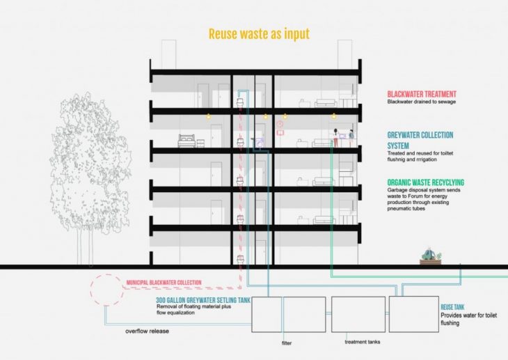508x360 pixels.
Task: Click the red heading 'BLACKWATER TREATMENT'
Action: [x=422, y=93]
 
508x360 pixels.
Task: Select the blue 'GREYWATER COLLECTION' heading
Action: [x=420, y=135]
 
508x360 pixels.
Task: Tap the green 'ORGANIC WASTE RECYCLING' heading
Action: [x=425, y=182]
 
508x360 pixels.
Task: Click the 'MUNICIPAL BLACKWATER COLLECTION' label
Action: [x=164, y=283]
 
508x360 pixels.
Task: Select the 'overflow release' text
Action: [x=148, y=331]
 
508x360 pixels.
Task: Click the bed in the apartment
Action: [x=189, y=141]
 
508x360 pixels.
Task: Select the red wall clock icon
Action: [x=280, y=125]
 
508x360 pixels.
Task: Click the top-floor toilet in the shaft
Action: [x=239, y=100]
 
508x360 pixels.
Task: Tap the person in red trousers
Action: [x=335, y=139]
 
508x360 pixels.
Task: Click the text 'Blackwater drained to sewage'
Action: [x=421, y=102]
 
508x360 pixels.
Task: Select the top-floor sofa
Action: [x=326, y=104]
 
